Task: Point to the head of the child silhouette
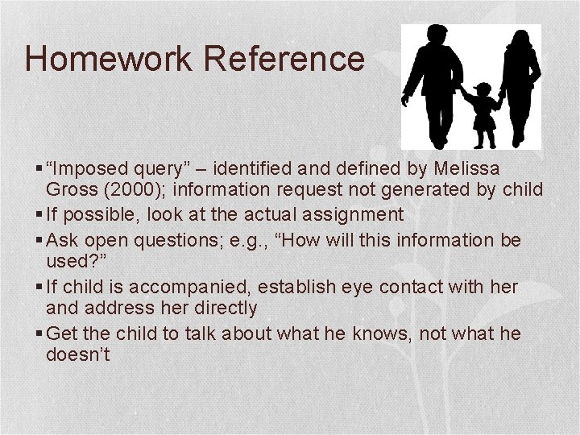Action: click(484, 89)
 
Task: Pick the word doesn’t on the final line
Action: click(77, 354)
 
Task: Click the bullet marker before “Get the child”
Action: click(41, 333)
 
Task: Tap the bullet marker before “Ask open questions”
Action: click(41, 240)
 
